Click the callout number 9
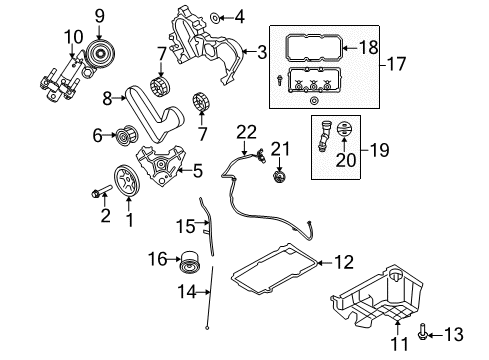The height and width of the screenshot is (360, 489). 99,16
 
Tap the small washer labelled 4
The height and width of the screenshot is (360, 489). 215,17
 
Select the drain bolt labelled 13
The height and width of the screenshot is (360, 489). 422,334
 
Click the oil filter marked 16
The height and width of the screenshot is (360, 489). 190,262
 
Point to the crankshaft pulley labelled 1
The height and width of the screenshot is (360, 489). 127,180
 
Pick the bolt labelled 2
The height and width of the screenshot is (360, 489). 100,191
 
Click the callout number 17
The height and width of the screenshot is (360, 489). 396,64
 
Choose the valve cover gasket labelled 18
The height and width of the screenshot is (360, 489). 313,48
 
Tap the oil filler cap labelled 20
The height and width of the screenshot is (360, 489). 345,130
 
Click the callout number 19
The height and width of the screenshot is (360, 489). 379,150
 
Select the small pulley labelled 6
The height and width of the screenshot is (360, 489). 124,136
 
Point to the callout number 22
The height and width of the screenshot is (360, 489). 247,132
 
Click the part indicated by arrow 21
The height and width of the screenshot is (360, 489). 279,177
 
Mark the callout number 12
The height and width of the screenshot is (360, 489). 343,262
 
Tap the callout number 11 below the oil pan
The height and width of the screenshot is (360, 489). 399,344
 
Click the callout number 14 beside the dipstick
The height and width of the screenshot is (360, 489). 187,292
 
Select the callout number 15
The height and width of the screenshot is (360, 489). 185,226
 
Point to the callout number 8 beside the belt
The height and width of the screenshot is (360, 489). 107,98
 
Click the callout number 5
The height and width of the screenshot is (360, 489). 198,171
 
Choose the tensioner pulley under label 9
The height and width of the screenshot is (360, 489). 100,53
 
